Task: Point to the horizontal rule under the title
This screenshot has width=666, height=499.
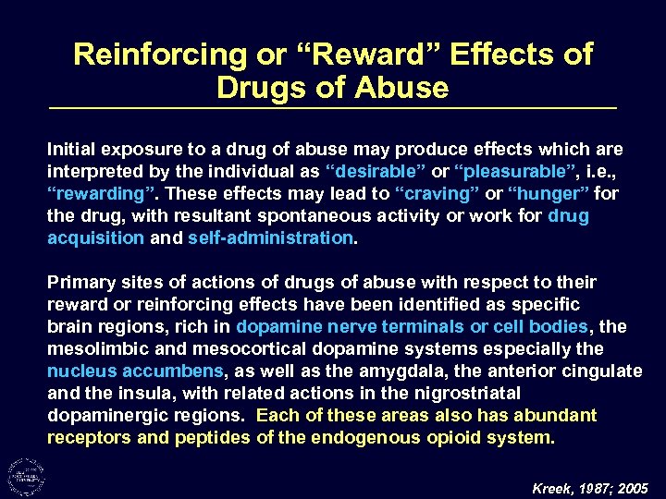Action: [332, 110]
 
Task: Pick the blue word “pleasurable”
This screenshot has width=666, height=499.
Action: [489, 172]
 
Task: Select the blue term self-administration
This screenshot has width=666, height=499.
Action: [271, 238]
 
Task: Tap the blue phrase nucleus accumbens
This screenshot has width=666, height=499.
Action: [135, 371]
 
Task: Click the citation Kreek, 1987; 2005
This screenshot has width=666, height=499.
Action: [591, 487]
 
